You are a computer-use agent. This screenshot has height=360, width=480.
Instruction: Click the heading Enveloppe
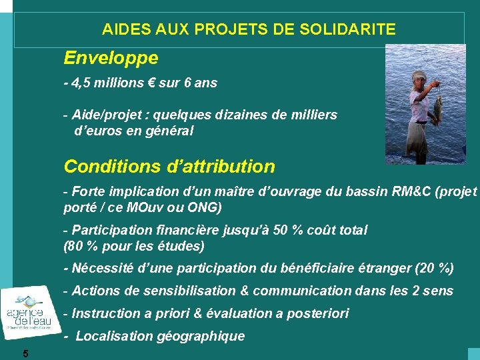pos(111,59)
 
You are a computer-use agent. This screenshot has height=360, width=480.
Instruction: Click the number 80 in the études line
pos(75,246)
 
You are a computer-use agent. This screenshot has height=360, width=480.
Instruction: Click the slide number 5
pos(25,353)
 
